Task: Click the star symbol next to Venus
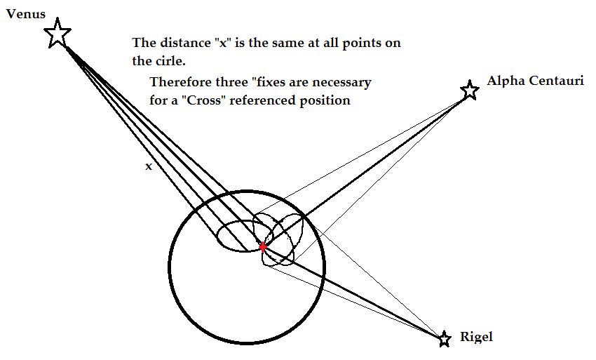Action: tap(57, 34)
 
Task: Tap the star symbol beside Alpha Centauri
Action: tap(469, 90)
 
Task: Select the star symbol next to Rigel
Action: tap(444, 340)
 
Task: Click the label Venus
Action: tap(25, 13)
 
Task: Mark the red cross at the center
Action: tap(263, 246)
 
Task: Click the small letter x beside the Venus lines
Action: tap(148, 167)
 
